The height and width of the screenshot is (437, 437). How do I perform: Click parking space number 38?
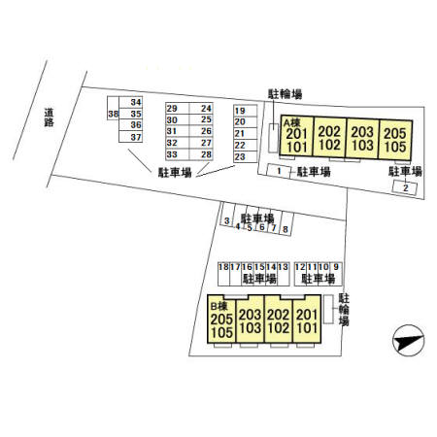tap(113, 109)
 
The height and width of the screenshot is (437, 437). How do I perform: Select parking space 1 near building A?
tap(278, 171)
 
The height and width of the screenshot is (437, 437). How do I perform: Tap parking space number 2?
tap(405, 187)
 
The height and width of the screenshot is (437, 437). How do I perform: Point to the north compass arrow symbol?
tap(408, 341)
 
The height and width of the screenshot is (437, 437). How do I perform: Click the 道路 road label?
tap(49, 118)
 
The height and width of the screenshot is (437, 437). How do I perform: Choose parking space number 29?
tap(177, 109)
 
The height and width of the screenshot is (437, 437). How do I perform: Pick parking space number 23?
tap(245, 157)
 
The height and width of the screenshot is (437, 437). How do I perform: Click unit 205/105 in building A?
tap(395, 141)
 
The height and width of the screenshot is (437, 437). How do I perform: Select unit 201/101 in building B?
tap(307, 319)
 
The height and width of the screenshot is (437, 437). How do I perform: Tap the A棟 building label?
tap(292, 122)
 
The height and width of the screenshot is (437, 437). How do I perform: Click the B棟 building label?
tap(218, 306)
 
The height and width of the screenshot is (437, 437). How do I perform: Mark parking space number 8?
tap(286, 223)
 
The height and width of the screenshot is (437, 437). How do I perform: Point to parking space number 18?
tap(223, 274)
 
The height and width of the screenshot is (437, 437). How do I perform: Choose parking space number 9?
tap(336, 274)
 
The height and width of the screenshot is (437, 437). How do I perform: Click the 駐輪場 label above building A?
tap(285, 94)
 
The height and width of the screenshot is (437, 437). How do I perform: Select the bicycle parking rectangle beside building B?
tap(328, 309)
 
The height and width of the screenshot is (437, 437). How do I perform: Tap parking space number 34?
tap(131, 102)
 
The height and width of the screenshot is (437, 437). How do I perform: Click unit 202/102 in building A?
tap(329, 138)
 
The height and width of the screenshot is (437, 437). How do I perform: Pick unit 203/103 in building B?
tap(251, 319)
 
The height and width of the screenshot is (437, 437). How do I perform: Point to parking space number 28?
tap(201, 154)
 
